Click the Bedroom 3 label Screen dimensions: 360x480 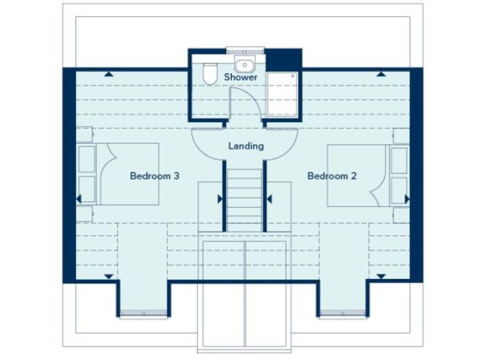tap(154, 176)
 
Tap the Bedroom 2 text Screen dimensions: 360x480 tap(332, 176)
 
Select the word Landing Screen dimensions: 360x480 tap(246, 146)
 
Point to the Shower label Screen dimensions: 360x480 tap(241, 77)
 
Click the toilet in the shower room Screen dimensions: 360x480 tap(209, 74)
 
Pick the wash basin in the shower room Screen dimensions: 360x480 tap(242, 64)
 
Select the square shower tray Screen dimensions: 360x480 tap(281, 94)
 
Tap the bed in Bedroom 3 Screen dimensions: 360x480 tap(119, 174)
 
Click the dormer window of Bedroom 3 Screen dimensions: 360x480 tap(143, 314)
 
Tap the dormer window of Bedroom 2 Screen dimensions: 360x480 tap(342, 314)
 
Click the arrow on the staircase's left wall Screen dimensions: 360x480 tap(221, 199)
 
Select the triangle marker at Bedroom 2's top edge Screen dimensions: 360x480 tap(381, 74)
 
